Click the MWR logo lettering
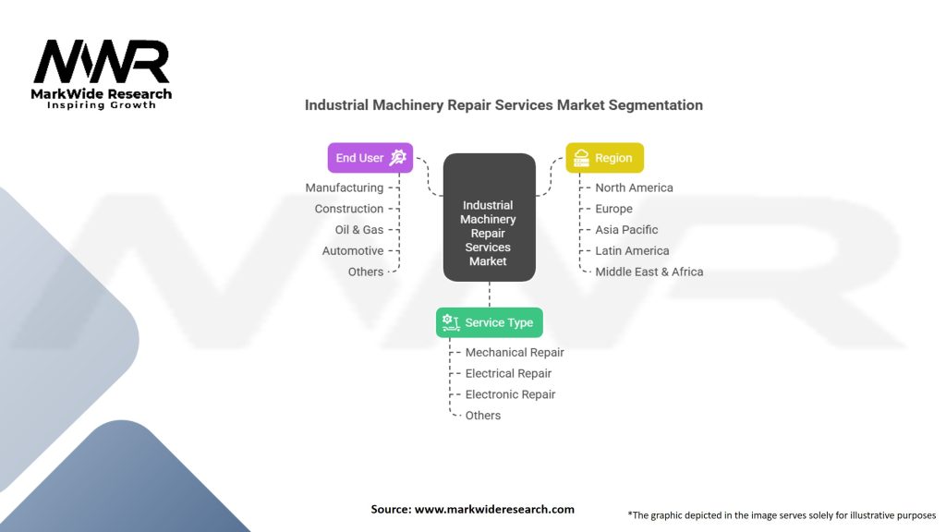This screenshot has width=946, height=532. [x=102, y=63]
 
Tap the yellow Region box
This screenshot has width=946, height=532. [x=604, y=158]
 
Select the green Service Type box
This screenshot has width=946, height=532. [x=489, y=322]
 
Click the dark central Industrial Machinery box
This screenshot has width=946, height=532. [x=489, y=218]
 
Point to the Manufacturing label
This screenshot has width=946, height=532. [x=345, y=187]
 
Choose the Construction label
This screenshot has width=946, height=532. [x=348, y=209]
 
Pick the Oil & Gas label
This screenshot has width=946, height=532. [x=359, y=230]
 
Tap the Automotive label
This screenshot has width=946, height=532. [x=353, y=250]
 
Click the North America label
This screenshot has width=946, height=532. [x=634, y=187]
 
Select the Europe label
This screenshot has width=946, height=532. [x=613, y=209]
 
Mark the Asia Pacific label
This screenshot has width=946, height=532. [x=626, y=230]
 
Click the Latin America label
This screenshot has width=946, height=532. [x=632, y=250]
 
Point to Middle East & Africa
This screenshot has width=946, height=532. [x=649, y=272]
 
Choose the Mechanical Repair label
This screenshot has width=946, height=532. [x=515, y=352]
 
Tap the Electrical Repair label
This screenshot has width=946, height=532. [x=508, y=373]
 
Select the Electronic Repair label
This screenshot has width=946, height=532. [x=510, y=394]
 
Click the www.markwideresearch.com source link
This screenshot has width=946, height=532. [x=493, y=509]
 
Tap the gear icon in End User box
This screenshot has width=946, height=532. [x=398, y=158]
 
